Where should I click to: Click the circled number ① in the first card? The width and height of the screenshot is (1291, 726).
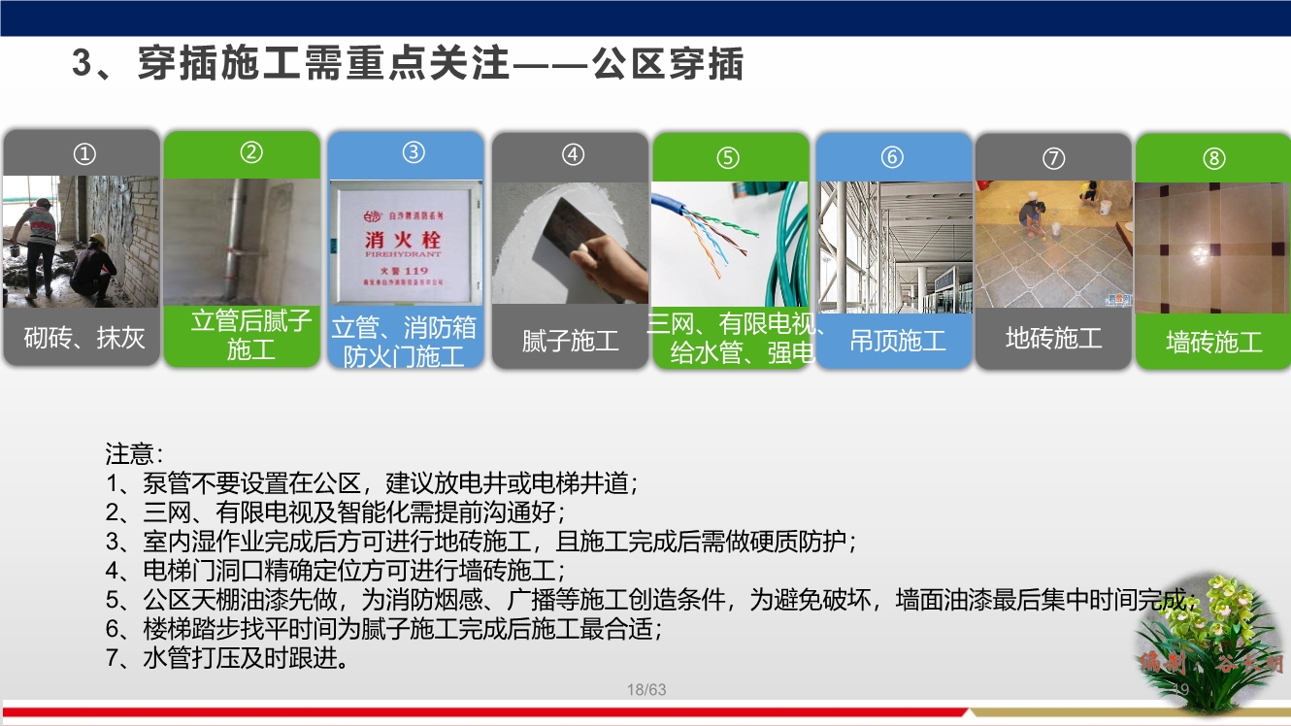coord(85,153)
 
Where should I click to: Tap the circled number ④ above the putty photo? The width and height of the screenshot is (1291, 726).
coord(573,154)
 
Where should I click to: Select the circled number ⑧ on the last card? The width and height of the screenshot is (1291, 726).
coord(1214,158)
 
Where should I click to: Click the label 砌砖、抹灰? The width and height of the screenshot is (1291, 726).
coord(83,338)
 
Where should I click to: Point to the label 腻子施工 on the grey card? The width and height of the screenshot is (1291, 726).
coord(570,341)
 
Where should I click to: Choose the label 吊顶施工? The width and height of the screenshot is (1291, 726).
coord(897,341)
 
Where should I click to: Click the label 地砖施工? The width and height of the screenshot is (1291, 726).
coord(1053,338)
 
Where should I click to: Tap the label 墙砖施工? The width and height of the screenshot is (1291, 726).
coord(1213,342)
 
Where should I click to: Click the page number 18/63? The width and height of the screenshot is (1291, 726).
coord(646,690)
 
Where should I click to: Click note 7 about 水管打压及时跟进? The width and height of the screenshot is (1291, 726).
coord(227,658)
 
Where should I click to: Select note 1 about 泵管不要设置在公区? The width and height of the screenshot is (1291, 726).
coord(372,482)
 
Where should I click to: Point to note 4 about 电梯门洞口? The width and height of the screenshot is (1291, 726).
coord(335,570)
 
